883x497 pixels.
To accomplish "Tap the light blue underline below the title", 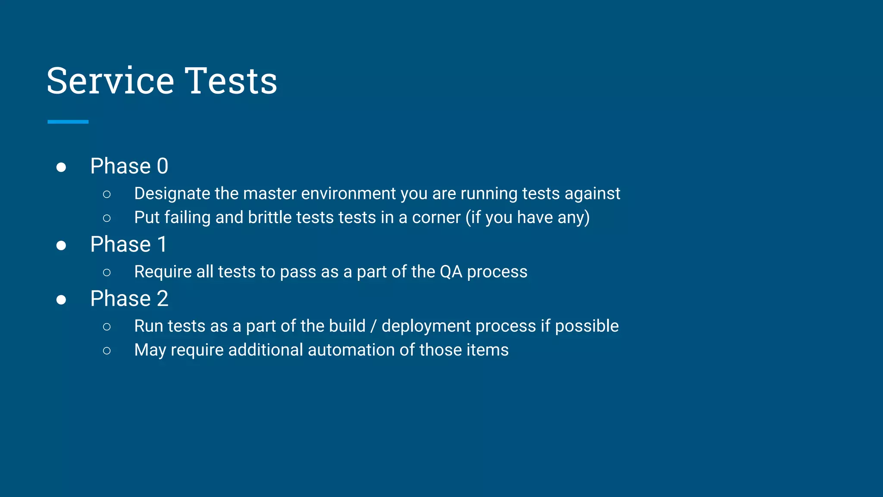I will point(68,122).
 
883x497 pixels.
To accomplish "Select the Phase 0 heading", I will point(129,166).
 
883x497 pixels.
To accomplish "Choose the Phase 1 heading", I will point(128,245).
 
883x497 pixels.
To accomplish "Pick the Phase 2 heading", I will point(129,299).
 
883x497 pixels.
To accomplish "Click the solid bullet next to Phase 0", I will point(61,167).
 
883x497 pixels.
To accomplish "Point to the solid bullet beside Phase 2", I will point(61,300).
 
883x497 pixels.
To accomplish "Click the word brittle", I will point(269,217).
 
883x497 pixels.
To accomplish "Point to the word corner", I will point(436,218).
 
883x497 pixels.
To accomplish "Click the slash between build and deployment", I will point(373,327).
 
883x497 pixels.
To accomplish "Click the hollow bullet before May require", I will point(107,351).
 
